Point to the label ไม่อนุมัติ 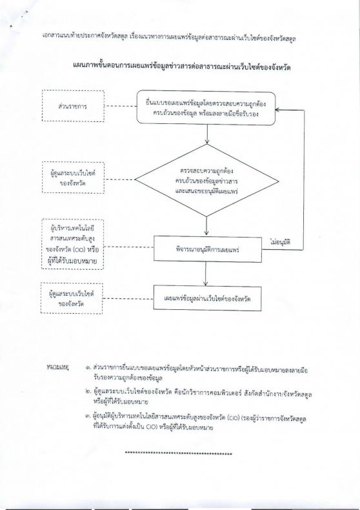click(280, 242)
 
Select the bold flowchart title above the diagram click(182, 67)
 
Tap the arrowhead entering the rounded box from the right click(277, 110)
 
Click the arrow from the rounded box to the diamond click(207, 134)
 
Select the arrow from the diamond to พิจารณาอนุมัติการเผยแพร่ click(206, 226)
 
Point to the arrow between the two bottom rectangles click(206, 274)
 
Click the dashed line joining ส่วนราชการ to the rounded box click(121, 106)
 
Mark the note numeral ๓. click(88, 416)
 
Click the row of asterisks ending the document click(178, 453)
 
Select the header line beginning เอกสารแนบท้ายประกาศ click(169, 38)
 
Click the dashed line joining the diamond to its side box click(119, 179)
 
